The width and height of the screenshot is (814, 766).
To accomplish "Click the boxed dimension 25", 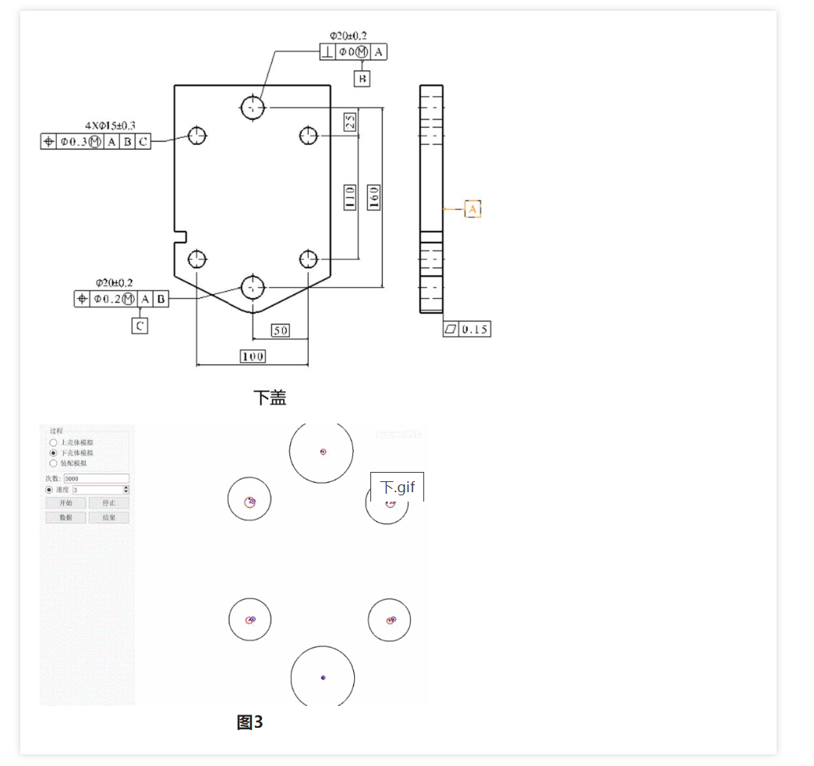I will tap(350, 121).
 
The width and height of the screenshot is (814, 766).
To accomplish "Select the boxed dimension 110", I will tap(350, 197).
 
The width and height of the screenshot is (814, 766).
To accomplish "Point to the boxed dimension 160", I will tap(373, 197).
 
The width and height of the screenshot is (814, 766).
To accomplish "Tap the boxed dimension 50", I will tap(280, 331).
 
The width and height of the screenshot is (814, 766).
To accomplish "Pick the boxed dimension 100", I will tap(252, 356).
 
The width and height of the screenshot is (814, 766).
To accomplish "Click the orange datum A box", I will tap(473, 209).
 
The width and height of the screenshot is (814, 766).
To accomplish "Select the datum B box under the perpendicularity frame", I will tap(362, 78).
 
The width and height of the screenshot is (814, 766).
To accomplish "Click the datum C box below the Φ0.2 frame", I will tap(140, 326).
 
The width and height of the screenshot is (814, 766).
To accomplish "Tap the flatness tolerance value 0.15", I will tap(474, 329).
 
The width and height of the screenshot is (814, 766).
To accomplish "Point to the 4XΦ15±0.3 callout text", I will tap(110, 125).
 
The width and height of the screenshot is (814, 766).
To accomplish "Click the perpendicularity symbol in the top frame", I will tap(328, 52).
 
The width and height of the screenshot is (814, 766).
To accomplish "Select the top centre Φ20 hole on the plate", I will tap(253, 107).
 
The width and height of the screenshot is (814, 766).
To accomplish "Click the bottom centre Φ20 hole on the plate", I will tap(253, 287).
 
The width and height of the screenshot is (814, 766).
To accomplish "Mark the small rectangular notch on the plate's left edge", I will tap(180, 232).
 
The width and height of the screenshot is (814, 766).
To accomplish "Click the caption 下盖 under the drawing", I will tap(270, 398).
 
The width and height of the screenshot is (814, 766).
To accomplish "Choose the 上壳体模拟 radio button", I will tap(53, 442).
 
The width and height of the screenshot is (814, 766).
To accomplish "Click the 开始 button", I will tap(65, 503).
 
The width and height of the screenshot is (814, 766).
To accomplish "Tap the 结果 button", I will tap(108, 518).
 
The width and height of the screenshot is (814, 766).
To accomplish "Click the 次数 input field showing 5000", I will tap(96, 478).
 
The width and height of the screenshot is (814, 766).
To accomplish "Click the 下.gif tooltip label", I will tap(397, 488).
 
